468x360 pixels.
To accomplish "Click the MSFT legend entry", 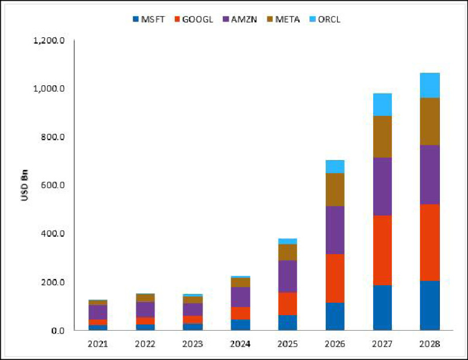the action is point(149,20).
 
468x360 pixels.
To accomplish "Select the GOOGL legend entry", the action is point(194,20).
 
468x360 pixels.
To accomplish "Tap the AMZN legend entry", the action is point(240,20).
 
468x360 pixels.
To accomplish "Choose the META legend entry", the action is point(283,20).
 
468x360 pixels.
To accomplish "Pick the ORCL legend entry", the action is point(325,20).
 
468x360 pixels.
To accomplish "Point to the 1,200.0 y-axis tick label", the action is point(49,40).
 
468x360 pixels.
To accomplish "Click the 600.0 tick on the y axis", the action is point(53,185).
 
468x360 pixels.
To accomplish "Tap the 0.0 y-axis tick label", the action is point(58,330).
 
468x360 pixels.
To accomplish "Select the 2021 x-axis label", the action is point(98,344).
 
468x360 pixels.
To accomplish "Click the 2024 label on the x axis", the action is point(240,344).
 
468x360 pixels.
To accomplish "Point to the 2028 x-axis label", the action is point(429,344).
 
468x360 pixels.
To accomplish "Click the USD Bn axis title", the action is point(25,185).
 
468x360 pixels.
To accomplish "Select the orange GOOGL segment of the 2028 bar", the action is point(430,243).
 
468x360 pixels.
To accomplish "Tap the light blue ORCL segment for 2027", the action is point(383,105).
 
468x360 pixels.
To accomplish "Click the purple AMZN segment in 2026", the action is point(335,230).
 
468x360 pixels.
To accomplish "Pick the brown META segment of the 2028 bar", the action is point(430,122).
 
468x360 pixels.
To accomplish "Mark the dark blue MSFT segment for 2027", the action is point(383,308).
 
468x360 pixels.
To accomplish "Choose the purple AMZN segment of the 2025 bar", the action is point(287,276).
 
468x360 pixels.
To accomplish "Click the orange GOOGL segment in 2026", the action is point(335,279).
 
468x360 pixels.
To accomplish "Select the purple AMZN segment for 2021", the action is point(98,312).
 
